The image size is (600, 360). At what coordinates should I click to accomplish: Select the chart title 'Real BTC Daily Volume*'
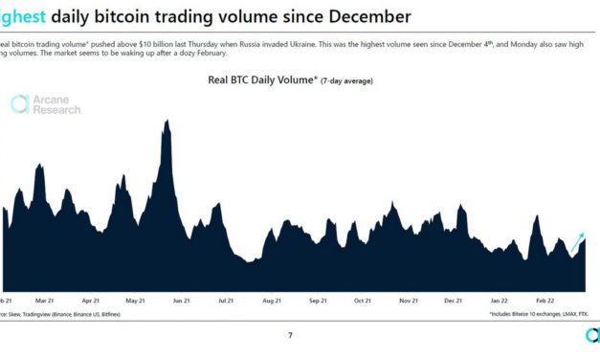(x=261, y=80)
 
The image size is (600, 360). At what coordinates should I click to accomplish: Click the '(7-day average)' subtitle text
(x=346, y=81)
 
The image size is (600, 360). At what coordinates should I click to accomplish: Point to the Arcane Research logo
(x=46, y=104)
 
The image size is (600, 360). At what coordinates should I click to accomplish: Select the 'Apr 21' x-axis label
(x=92, y=299)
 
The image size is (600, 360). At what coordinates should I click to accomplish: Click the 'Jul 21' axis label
(x=227, y=299)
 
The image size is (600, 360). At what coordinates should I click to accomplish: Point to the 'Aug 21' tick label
(x=272, y=299)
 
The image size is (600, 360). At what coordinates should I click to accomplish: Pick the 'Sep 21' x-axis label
(x=318, y=299)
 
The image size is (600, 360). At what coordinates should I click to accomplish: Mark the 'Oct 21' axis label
(x=363, y=299)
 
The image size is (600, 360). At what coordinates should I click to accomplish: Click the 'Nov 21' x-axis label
(x=409, y=299)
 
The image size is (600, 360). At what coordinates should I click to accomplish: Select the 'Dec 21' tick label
(x=454, y=299)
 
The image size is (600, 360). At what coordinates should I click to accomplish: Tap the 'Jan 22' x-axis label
(x=500, y=299)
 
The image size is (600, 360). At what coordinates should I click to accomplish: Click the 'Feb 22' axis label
(x=545, y=299)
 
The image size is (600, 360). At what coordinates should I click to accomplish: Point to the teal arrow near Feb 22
(x=577, y=243)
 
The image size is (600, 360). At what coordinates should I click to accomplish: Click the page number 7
(x=291, y=335)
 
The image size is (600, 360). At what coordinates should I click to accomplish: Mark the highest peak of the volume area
(x=167, y=121)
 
